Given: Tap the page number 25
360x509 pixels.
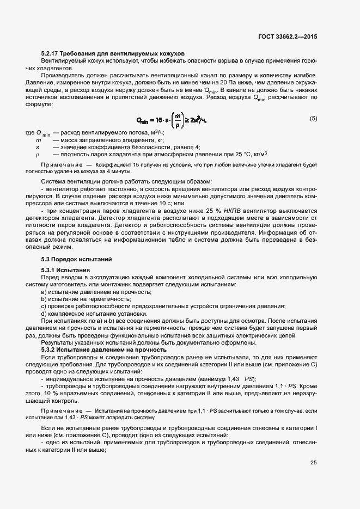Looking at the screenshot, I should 314,463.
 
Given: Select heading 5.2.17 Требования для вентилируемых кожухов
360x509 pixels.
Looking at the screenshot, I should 113,53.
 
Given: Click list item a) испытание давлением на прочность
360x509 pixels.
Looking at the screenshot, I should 89,292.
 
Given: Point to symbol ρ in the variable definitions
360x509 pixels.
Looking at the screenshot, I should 37,154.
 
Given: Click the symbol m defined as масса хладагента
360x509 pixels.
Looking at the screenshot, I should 38,140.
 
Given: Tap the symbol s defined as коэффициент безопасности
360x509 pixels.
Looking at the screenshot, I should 37,147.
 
